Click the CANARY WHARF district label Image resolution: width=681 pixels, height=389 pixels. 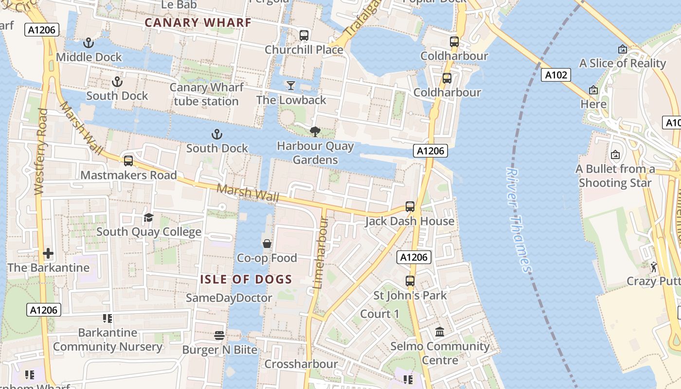(x=198, y=22)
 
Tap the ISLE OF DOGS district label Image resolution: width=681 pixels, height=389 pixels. (x=246, y=279)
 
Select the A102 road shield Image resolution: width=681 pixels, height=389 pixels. (x=556, y=75)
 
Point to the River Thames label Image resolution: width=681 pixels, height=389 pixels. (x=519, y=220)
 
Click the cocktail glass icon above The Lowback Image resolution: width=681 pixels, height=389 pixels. (x=291, y=86)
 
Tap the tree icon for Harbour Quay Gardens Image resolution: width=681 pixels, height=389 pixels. (x=315, y=131)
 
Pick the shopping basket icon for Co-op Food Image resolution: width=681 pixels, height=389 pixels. (x=267, y=244)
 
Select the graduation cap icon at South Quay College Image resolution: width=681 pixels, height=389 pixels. (x=148, y=217)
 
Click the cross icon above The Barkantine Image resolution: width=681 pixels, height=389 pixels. (x=48, y=253)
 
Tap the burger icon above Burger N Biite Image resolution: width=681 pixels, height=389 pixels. (x=219, y=336)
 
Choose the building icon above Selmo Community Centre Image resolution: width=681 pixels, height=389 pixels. (x=440, y=332)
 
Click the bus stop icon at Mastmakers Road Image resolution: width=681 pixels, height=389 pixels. (x=128, y=160)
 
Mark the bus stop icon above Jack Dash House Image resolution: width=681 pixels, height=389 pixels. (x=410, y=207)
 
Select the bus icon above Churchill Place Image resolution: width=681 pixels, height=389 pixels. (x=304, y=35)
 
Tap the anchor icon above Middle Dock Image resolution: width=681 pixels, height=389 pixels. (x=89, y=43)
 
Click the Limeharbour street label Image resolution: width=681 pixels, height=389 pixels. (x=321, y=253)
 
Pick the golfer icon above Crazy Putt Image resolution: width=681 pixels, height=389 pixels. (x=654, y=266)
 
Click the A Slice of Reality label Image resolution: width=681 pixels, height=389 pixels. (x=622, y=63)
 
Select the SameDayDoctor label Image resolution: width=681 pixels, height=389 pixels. (x=229, y=298)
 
